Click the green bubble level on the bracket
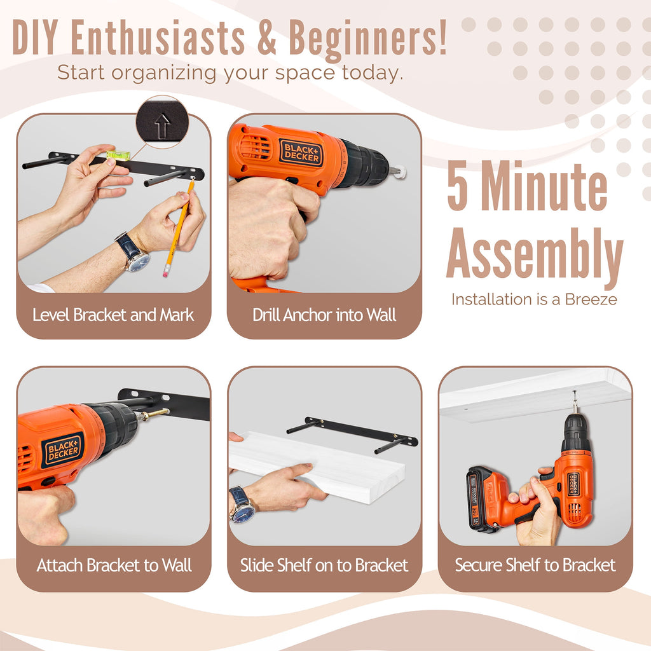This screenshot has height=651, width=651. click(118, 155)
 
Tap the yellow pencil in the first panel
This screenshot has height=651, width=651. click(179, 228)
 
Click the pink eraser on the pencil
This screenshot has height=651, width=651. click(166, 271)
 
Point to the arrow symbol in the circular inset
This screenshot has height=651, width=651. click(162, 126)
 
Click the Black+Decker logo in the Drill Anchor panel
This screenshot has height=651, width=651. click(301, 153)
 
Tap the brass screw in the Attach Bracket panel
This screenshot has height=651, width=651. click(155, 414)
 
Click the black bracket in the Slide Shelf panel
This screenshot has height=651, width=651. click(352, 434)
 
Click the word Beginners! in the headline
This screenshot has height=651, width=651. click(368, 39)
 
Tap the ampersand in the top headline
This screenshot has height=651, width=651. click(266, 38)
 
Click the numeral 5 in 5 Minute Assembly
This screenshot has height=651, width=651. click(458, 187)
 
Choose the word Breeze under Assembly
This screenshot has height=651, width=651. click(591, 299)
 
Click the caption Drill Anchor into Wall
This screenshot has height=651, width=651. click(324, 315)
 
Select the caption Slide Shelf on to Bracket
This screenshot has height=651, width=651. click(324, 565)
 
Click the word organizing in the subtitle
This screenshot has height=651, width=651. click(163, 74)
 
